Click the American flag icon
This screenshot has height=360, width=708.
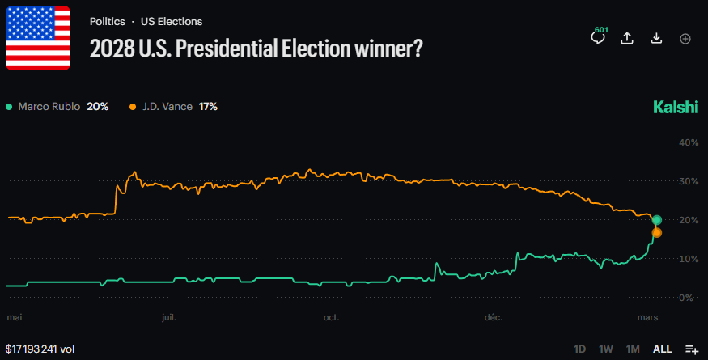(37, 37)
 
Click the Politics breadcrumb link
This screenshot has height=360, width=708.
(106, 22)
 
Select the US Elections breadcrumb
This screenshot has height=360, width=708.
(172, 22)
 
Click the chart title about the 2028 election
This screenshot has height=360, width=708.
(256, 49)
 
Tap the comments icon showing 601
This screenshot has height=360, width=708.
(599, 38)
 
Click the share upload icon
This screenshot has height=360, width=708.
(627, 39)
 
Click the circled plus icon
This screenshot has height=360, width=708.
(685, 39)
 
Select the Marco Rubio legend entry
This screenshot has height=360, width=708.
(57, 107)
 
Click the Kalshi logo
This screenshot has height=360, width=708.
(675, 108)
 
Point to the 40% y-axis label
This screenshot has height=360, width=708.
(688, 142)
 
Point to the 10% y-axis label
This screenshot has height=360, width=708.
(688, 259)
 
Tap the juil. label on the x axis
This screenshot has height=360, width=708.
(168, 317)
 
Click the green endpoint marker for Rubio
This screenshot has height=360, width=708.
(657, 220)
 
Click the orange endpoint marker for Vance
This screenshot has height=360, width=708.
(657, 233)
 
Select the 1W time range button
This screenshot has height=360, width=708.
(606, 349)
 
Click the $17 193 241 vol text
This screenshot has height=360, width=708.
(40, 349)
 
